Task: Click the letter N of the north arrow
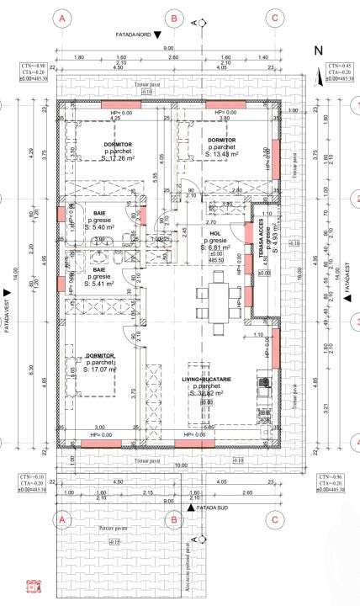(318, 51)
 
